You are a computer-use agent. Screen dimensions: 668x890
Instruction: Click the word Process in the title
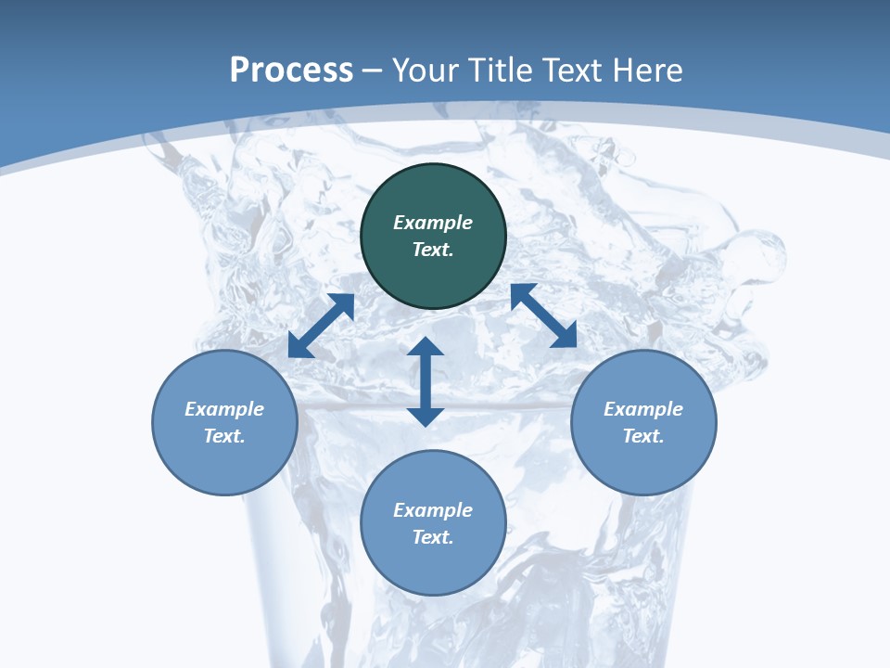(291, 71)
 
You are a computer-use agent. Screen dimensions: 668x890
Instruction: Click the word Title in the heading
(496, 71)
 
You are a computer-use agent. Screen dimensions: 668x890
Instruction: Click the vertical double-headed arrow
(426, 381)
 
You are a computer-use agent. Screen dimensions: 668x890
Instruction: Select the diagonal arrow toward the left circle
(322, 326)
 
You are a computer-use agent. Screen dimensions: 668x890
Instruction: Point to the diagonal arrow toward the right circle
(543, 315)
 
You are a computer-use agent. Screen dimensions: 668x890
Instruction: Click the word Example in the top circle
(433, 223)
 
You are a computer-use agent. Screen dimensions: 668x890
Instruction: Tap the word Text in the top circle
(433, 250)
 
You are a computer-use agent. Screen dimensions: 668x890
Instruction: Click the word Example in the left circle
(224, 409)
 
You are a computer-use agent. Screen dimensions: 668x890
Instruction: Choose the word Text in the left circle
(224, 436)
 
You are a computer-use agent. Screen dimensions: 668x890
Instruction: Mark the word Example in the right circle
(643, 409)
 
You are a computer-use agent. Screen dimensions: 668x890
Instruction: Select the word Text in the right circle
(643, 436)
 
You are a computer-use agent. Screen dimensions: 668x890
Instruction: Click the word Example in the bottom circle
(433, 510)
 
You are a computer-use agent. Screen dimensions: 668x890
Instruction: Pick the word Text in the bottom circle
(433, 537)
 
